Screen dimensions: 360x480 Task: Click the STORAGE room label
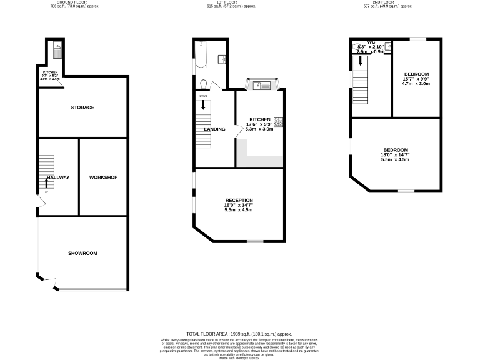pyautogui.click(x=82, y=107)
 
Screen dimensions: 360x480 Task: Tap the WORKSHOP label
pyautogui.click(x=103, y=177)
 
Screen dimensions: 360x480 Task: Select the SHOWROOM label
pyautogui.click(x=82, y=253)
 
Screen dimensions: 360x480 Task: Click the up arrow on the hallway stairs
pyautogui.click(x=46, y=183)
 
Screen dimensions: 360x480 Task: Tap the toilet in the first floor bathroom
pyautogui.click(x=203, y=84)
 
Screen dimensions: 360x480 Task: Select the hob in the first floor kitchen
pyautogui.click(x=278, y=121)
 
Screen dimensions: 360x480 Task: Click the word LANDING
pyautogui.click(x=214, y=129)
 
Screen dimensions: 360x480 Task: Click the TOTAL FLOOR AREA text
pyautogui.click(x=239, y=334)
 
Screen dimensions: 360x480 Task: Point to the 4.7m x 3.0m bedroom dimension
pyautogui.click(x=416, y=83)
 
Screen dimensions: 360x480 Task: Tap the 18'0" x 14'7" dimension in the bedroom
pyautogui.click(x=396, y=155)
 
